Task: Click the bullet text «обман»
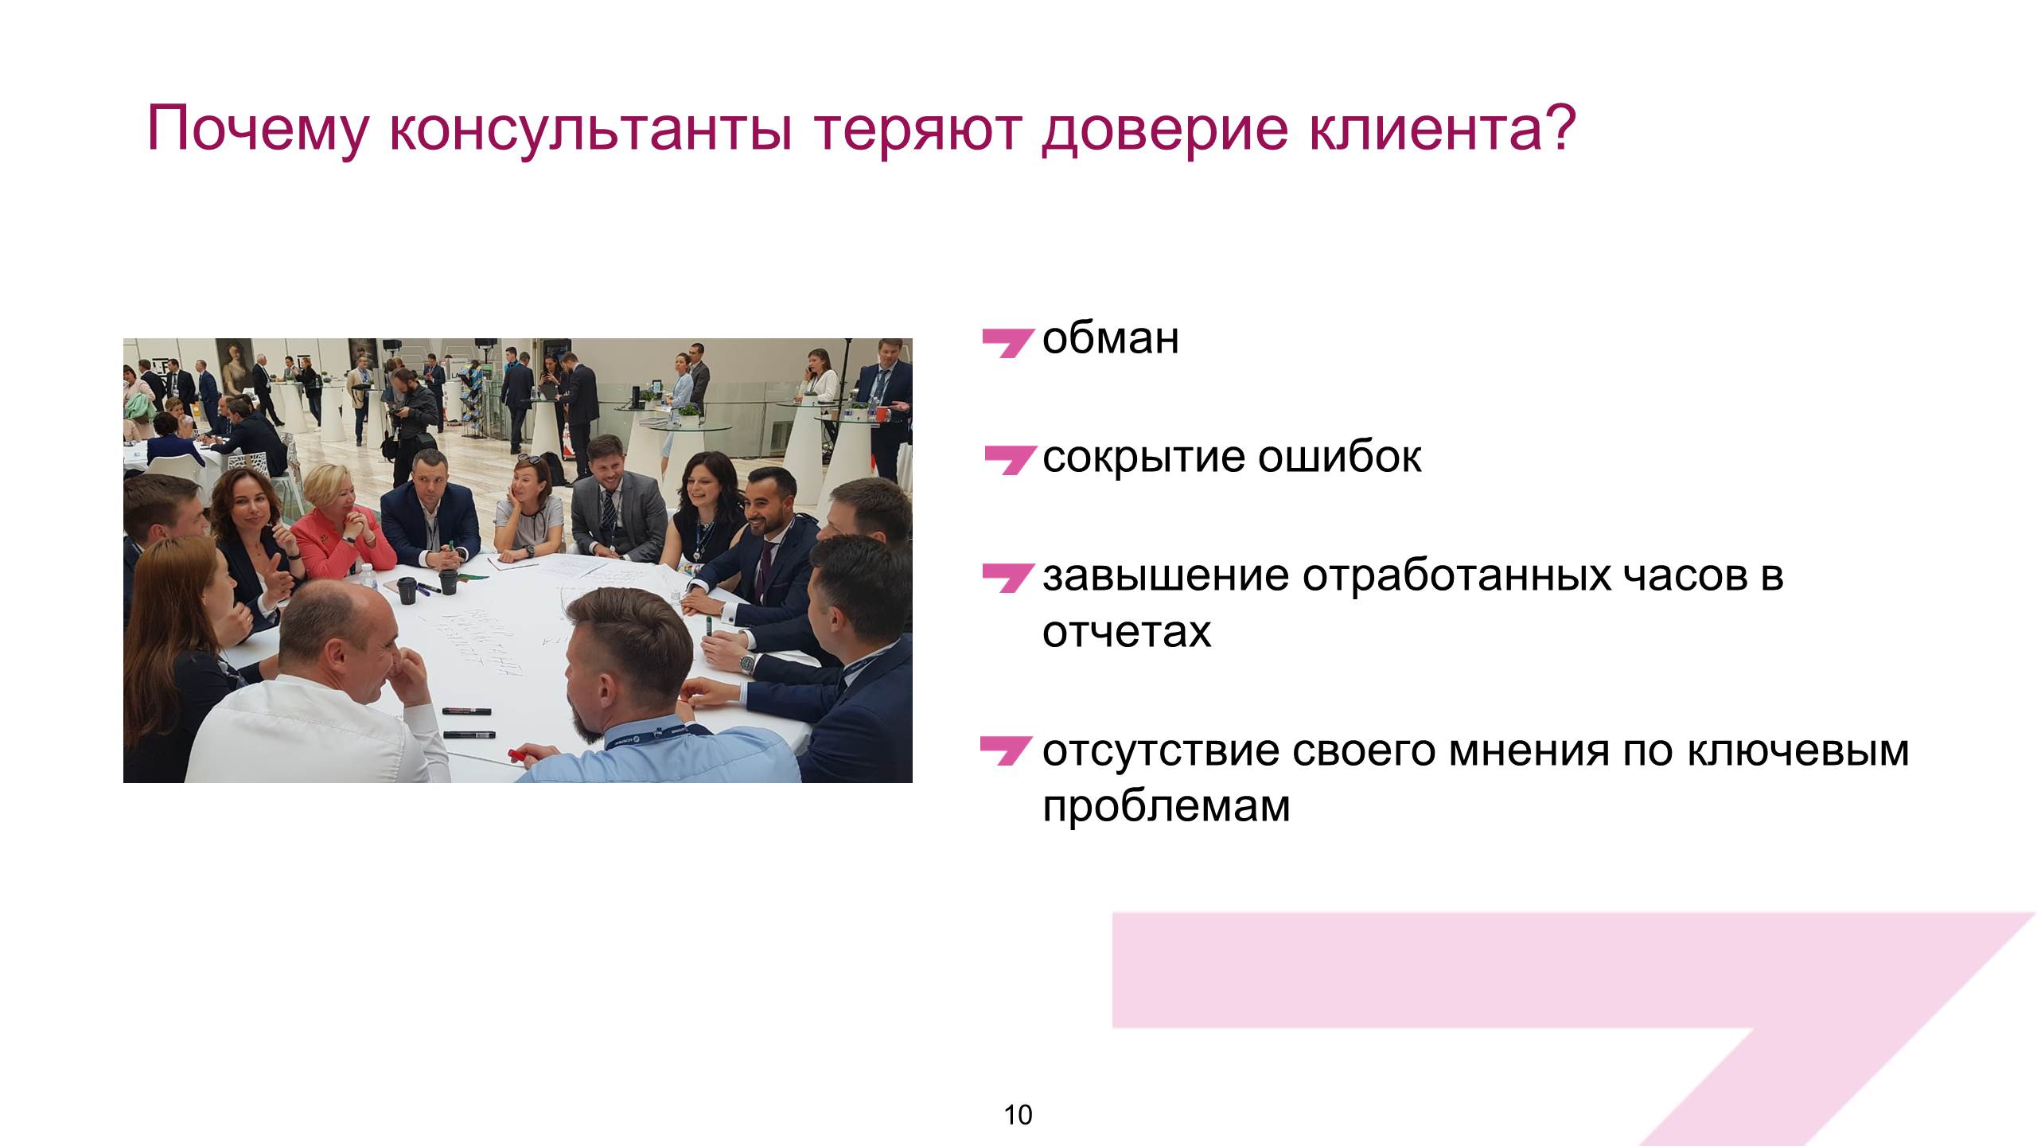coord(1111,339)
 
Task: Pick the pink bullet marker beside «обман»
coord(1007,343)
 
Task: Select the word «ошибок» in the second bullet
coord(1339,457)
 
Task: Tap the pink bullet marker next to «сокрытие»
coord(1009,460)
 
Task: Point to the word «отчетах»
coord(1127,633)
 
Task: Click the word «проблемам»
coord(1166,807)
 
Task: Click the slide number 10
coord(1018,1115)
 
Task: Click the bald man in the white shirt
coord(318,684)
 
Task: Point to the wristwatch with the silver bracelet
coord(746,662)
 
